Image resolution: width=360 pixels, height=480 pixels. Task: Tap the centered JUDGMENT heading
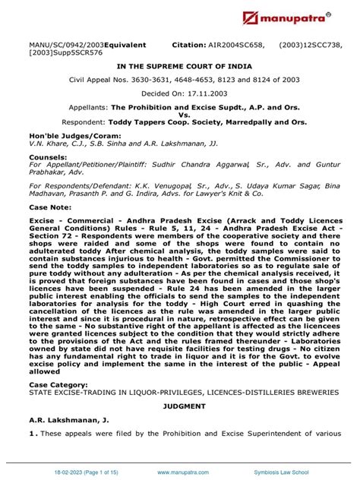[180, 406]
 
